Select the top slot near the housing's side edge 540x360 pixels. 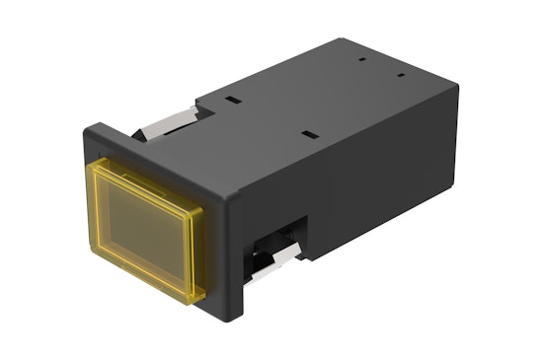tap(309, 132)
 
